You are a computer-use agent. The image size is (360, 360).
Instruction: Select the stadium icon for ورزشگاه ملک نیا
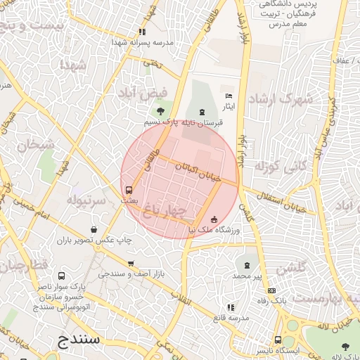coord(214,219)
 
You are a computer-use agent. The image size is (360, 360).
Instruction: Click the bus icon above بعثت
coord(128,190)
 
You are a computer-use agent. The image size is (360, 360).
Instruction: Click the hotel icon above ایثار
coord(228,96)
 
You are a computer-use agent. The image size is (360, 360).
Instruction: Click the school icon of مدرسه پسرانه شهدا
coord(143,31)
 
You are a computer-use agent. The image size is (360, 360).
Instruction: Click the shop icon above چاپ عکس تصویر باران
coord(94,229)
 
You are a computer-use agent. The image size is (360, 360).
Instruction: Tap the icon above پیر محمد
coord(246,265)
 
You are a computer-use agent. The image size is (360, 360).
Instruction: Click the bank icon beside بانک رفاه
coord(271,290)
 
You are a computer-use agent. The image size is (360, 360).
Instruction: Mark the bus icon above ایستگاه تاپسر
coord(278,339)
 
